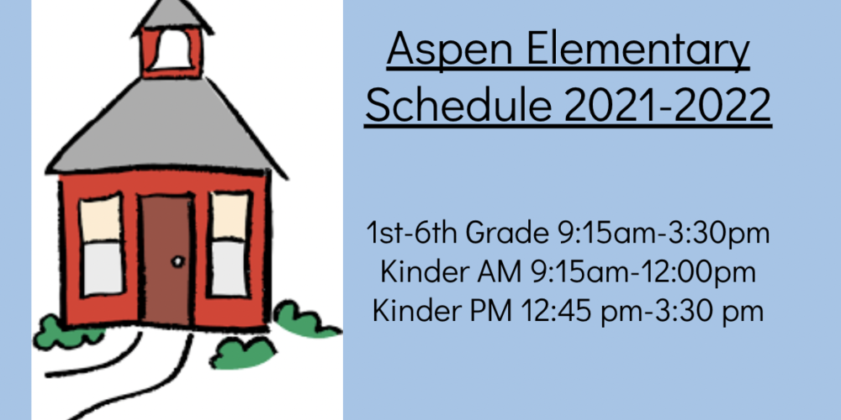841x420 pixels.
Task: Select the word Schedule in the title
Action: pyautogui.click(x=458, y=104)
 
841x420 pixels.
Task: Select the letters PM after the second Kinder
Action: pyautogui.click(x=491, y=311)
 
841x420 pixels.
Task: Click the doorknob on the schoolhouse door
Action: pyautogui.click(x=177, y=261)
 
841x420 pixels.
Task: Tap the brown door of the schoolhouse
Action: pyautogui.click(x=167, y=260)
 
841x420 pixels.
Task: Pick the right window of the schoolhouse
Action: pyautogui.click(x=230, y=244)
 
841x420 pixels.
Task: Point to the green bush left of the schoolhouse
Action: pyautogui.click(x=66, y=333)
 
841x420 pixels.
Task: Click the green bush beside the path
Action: pyautogui.click(x=242, y=353)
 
